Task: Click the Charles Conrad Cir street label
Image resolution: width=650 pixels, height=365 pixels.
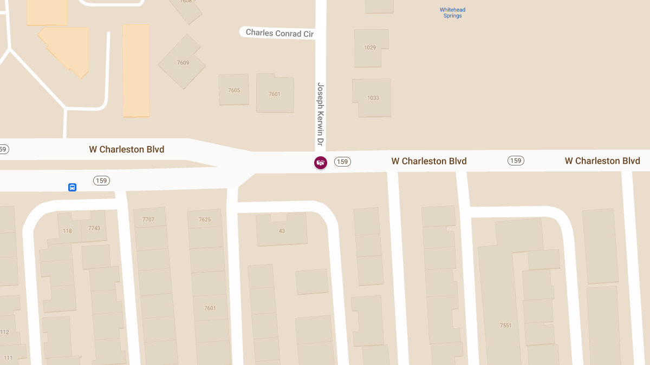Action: pyautogui.click(x=279, y=33)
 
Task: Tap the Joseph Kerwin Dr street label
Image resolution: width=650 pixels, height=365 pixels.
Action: pyautogui.click(x=320, y=115)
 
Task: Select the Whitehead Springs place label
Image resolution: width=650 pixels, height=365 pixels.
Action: pyautogui.click(x=452, y=13)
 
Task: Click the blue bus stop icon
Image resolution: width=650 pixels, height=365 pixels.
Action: pyautogui.click(x=72, y=187)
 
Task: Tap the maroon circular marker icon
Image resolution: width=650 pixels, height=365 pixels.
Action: pyautogui.click(x=321, y=162)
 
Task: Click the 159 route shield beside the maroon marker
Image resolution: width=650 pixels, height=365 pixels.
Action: pyautogui.click(x=342, y=161)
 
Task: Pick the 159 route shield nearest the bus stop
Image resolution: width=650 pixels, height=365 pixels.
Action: pyautogui.click(x=101, y=181)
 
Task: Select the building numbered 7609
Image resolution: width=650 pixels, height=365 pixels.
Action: pyautogui.click(x=183, y=63)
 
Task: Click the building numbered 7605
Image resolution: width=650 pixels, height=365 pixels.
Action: pyautogui.click(x=233, y=90)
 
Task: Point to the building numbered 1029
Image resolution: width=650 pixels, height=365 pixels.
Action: pyautogui.click(x=370, y=48)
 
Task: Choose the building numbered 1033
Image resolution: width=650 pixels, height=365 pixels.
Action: pyautogui.click(x=373, y=98)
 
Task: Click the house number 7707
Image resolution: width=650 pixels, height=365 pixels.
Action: pyautogui.click(x=148, y=220)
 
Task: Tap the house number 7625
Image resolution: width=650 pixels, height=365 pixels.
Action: pyautogui.click(x=205, y=220)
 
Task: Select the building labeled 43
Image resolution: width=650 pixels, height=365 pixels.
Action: pyautogui.click(x=282, y=231)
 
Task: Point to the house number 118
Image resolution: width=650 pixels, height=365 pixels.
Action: pyautogui.click(x=67, y=231)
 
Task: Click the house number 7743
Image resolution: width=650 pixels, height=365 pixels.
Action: pyautogui.click(x=94, y=228)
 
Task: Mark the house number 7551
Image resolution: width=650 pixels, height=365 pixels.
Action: pyautogui.click(x=505, y=326)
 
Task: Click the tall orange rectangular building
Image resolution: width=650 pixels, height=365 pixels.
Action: pyautogui.click(x=135, y=70)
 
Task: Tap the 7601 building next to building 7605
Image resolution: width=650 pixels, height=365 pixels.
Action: pyautogui.click(x=275, y=94)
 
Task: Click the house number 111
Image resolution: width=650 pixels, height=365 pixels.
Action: pyautogui.click(x=8, y=358)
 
